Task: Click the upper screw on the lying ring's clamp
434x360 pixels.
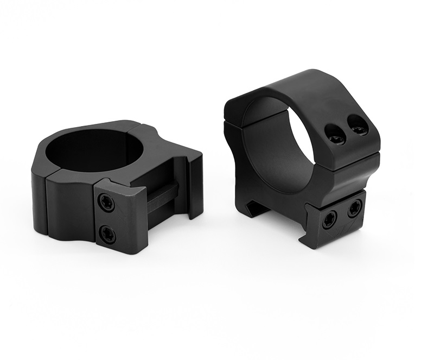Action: coord(106,202)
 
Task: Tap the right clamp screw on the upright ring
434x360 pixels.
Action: coord(355,207)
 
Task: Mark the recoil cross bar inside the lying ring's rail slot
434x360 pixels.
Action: coord(162,195)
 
